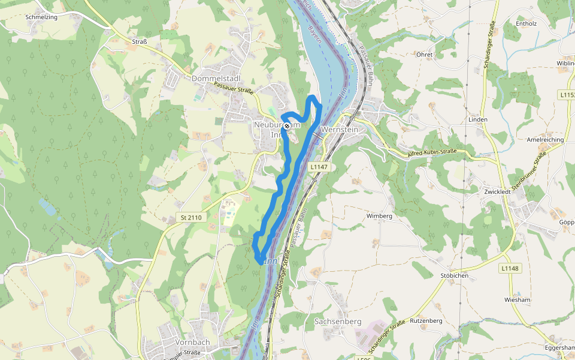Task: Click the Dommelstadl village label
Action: point(216,79)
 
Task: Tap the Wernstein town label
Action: point(339,129)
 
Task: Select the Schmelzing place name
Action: point(41,17)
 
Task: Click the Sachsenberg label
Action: point(338,322)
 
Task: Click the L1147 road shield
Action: point(319,167)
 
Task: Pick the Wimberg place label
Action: point(379,215)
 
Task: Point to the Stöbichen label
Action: point(454,276)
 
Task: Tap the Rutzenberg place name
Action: point(426,321)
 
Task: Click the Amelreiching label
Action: point(544,139)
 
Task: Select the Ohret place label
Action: point(424,55)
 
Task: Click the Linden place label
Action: point(478,119)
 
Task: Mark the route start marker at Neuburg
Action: point(287,125)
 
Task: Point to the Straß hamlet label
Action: point(140,41)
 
